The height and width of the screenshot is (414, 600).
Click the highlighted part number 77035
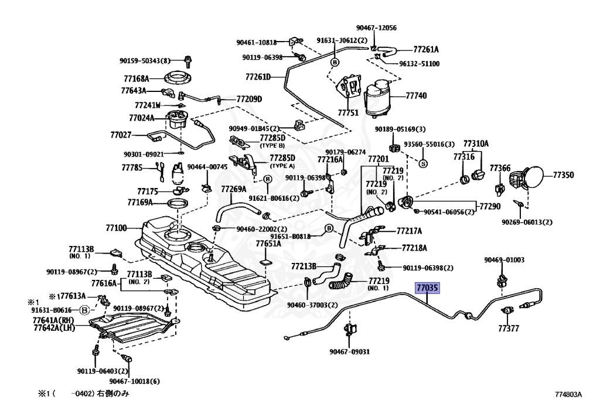427,288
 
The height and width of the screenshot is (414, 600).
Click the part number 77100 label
116,228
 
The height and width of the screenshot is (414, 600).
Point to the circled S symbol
423,163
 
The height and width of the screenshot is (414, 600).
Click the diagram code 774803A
568,395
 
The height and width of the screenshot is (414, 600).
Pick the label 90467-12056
376,28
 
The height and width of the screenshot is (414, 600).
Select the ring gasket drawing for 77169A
178,202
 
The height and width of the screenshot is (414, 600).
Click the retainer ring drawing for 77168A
178,78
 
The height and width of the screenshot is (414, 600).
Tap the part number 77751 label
348,113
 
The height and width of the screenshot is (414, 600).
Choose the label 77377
509,329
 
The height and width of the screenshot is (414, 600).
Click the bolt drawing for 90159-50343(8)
187,61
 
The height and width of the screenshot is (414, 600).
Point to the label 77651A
268,244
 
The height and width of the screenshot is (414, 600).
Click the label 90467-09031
350,352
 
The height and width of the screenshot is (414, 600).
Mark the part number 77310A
476,143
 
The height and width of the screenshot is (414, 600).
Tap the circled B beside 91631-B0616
84,310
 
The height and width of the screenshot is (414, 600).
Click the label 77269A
234,189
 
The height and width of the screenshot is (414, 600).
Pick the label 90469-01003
504,260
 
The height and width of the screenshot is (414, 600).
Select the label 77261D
258,77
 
